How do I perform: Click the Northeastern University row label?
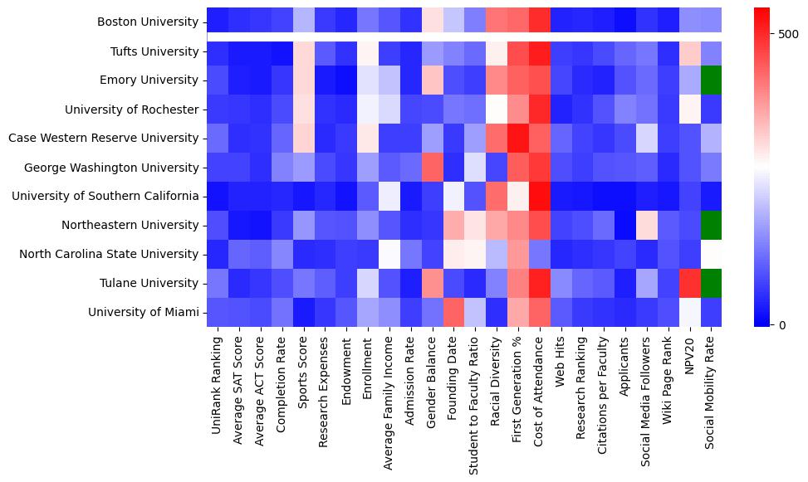point(133,226)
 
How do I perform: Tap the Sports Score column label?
point(303,372)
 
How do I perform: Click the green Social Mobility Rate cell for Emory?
point(711,80)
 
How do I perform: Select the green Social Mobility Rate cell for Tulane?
point(711,283)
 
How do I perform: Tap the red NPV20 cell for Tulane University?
point(689,283)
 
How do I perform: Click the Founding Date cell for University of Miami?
point(453,312)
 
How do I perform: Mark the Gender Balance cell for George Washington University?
point(432,167)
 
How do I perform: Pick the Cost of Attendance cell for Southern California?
point(540,196)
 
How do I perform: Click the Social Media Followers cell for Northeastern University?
point(647,225)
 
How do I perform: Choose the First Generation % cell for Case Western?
point(518,138)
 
